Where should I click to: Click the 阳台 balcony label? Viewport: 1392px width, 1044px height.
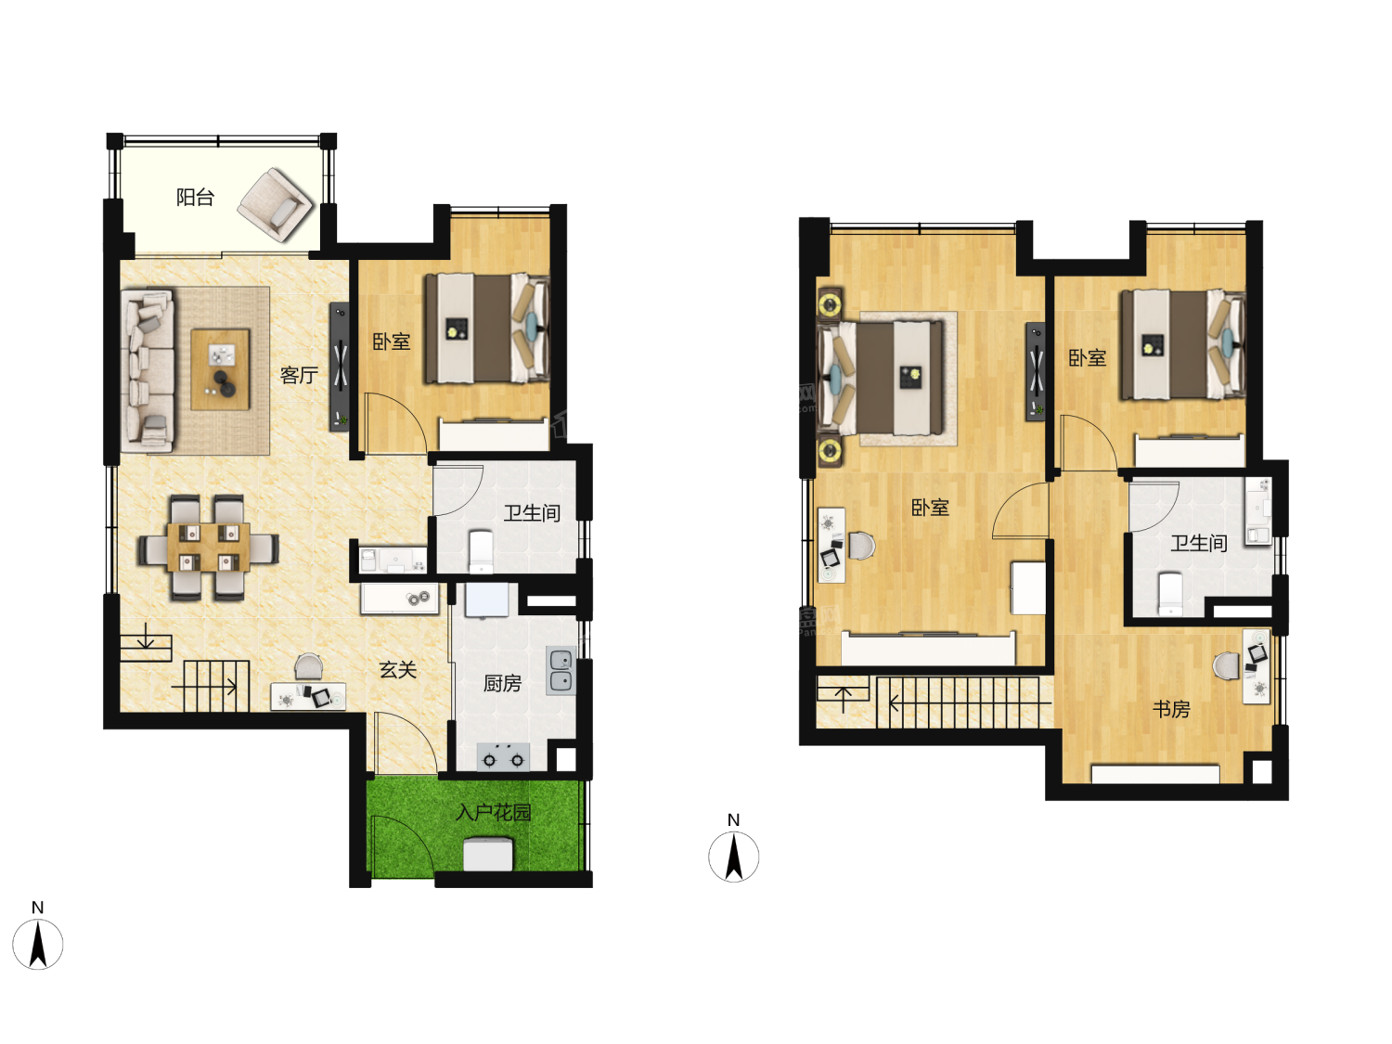pyautogui.click(x=195, y=197)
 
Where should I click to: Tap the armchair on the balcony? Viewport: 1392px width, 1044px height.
pyautogui.click(x=276, y=204)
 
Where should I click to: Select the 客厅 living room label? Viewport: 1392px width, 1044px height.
pyautogui.click(x=299, y=375)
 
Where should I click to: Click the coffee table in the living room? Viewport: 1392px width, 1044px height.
pyautogui.click(x=220, y=369)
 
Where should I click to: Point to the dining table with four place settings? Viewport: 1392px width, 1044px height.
pyautogui.click(x=209, y=547)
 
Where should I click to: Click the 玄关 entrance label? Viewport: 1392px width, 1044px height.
pyautogui.click(x=397, y=669)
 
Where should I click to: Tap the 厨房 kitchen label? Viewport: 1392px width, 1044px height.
pyautogui.click(x=502, y=683)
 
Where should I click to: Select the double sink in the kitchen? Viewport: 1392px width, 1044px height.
pyautogui.click(x=561, y=671)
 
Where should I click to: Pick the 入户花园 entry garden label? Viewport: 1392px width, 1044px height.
pyautogui.click(x=493, y=812)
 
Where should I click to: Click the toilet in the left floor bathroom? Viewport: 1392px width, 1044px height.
pyautogui.click(x=481, y=551)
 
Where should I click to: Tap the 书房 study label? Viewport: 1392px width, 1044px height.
pyautogui.click(x=1171, y=709)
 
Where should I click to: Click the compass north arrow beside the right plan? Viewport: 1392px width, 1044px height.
pyautogui.click(x=734, y=856)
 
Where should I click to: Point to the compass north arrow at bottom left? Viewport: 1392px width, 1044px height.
pyautogui.click(x=38, y=945)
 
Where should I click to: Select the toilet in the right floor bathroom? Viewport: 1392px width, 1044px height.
pyautogui.click(x=1170, y=595)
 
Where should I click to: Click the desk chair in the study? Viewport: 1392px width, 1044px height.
pyautogui.click(x=1226, y=665)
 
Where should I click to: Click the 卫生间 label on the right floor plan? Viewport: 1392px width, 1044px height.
pyautogui.click(x=1198, y=543)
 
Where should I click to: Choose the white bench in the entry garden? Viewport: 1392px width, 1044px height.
pyautogui.click(x=488, y=854)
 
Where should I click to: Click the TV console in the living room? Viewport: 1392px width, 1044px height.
pyautogui.click(x=340, y=367)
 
